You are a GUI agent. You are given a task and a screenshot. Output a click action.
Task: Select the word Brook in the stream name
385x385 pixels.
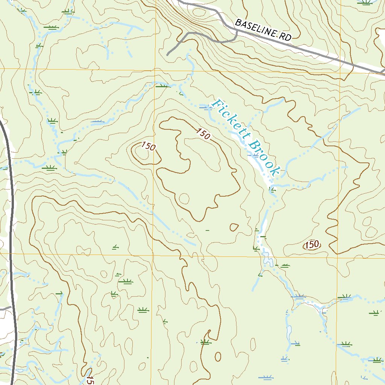click(x=264, y=158)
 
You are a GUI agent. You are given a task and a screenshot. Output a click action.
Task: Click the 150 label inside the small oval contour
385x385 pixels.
click(x=312, y=245)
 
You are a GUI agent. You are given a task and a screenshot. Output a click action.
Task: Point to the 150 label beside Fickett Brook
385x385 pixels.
click(x=203, y=133)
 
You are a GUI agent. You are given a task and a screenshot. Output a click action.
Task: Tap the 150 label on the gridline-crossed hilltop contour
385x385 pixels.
click(x=148, y=146)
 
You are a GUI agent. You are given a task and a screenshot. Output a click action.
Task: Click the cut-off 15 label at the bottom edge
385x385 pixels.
click(x=89, y=380)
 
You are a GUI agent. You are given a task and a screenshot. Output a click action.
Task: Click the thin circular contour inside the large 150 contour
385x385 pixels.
click(x=184, y=198)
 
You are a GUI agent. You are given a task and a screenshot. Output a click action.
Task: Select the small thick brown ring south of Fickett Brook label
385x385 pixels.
click(x=234, y=227)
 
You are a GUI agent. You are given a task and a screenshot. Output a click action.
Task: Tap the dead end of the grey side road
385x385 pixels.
click(x=168, y=55)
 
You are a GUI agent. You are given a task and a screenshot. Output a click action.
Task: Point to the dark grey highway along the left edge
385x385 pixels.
click(x=11, y=226)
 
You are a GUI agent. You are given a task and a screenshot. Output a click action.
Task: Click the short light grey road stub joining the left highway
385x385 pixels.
click(x=5, y=308)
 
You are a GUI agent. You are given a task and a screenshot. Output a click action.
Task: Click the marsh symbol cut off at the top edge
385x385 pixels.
click(x=364, y=2)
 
